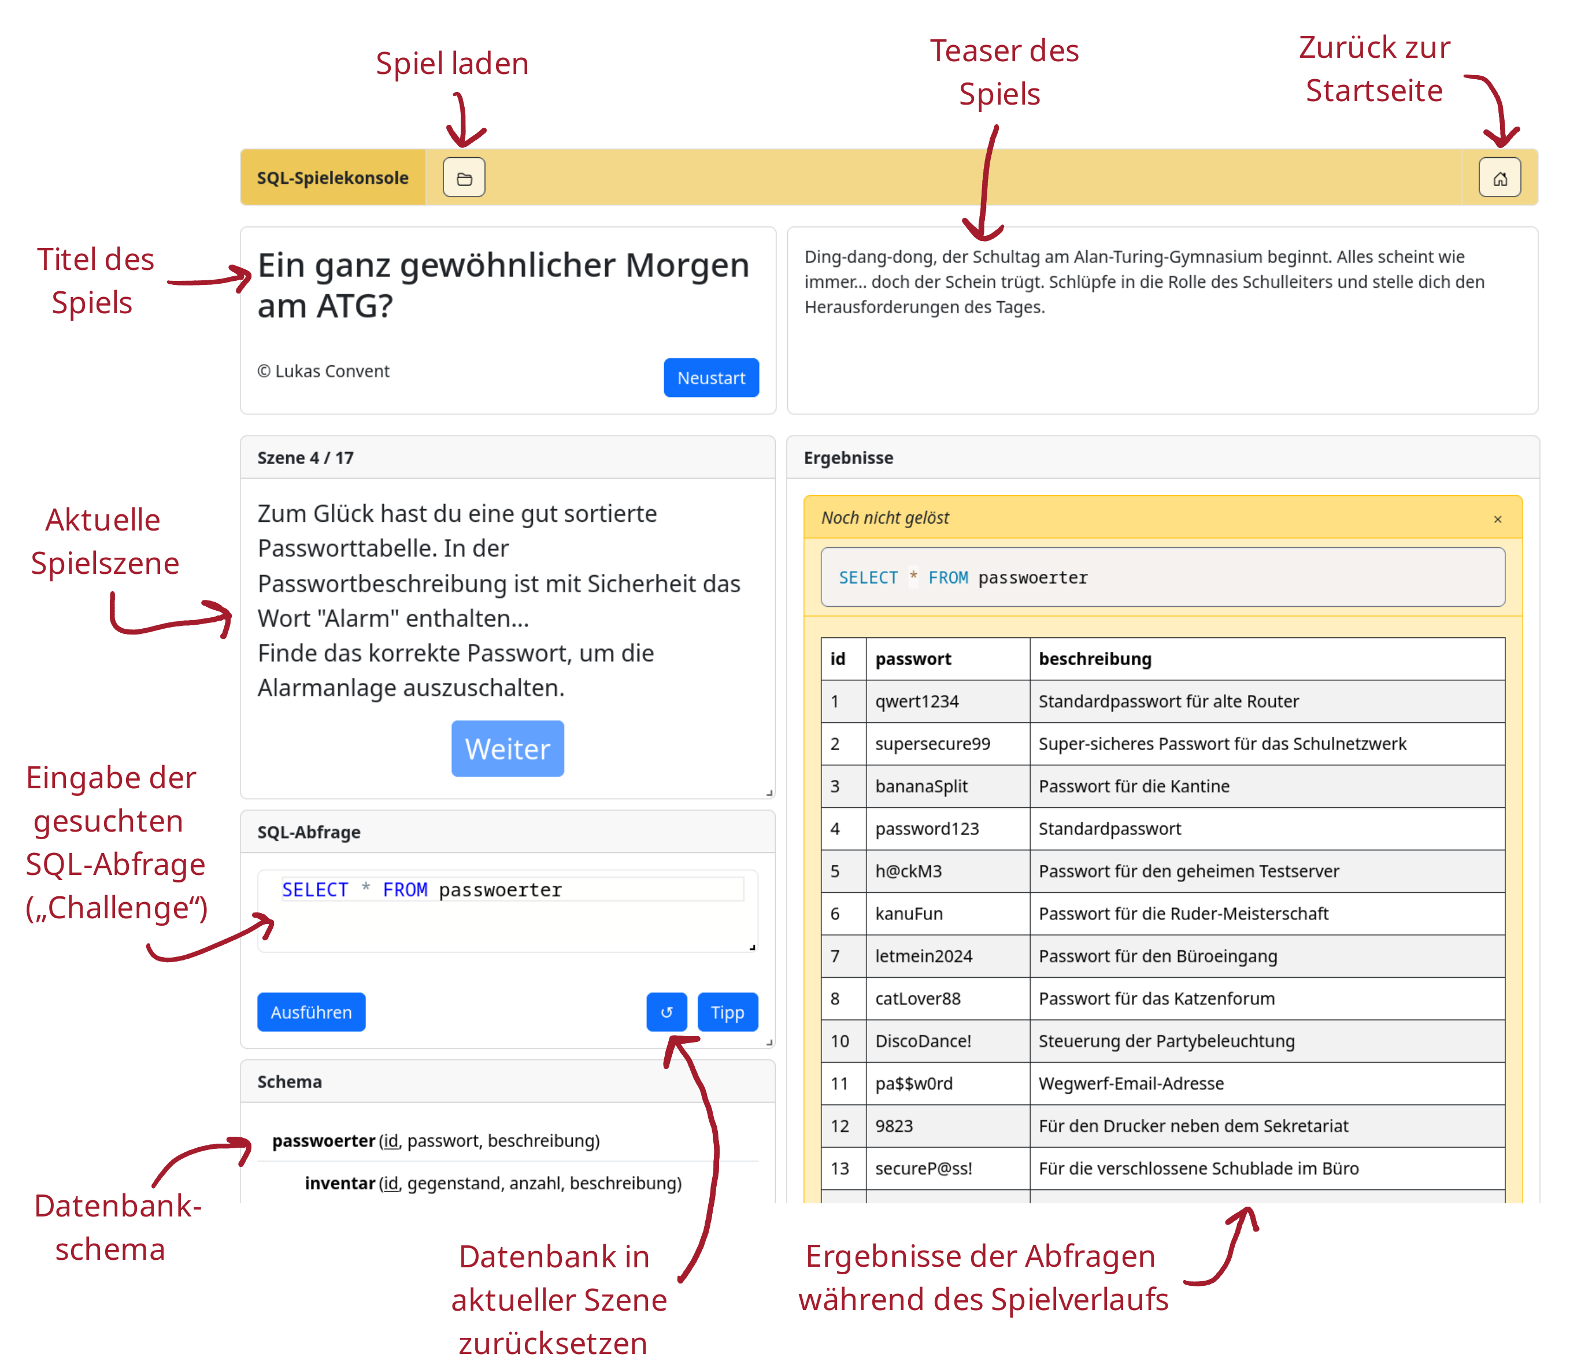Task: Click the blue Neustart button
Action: (x=711, y=378)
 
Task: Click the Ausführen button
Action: (x=311, y=1012)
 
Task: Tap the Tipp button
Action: (x=728, y=1012)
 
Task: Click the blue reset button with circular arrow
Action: (x=666, y=1012)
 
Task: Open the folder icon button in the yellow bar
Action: (x=464, y=178)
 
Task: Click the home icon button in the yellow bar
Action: (x=1499, y=178)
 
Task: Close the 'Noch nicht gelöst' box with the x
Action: (x=1498, y=519)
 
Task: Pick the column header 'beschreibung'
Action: (x=1095, y=659)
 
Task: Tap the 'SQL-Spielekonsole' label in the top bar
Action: (x=332, y=178)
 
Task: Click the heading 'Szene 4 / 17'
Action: (x=305, y=458)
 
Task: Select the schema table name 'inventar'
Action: (x=340, y=1183)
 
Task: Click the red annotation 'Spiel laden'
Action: (x=453, y=63)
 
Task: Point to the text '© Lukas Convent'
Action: (x=323, y=371)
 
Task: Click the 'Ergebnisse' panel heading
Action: (x=849, y=458)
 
